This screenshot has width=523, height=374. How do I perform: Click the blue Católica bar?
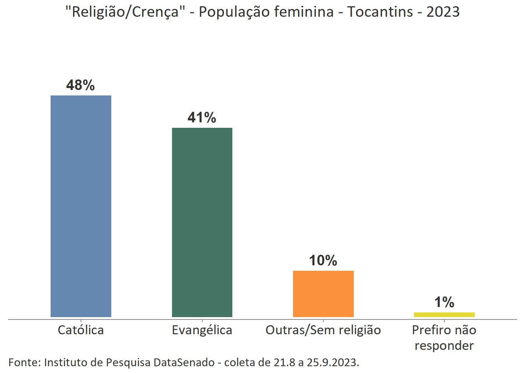click(x=81, y=206)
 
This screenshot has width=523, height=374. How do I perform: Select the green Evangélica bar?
click(x=202, y=222)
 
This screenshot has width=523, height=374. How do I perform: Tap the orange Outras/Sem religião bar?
click(x=323, y=294)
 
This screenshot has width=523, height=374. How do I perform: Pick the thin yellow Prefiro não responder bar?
click(x=444, y=315)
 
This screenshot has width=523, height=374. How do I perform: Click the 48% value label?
click(x=81, y=85)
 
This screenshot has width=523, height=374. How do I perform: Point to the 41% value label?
click(x=202, y=117)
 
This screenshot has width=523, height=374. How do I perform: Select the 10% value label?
click(x=323, y=260)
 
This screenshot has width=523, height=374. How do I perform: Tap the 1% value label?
click(x=444, y=302)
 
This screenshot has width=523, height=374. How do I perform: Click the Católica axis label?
click(x=81, y=330)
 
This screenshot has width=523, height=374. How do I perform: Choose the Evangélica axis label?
click(x=202, y=330)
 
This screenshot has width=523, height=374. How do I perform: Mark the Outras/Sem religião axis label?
click(x=323, y=330)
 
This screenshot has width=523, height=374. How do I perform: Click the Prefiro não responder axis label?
click(x=444, y=338)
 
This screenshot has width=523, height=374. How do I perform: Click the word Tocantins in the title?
click(x=380, y=12)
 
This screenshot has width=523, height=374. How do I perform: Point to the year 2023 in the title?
click(x=443, y=12)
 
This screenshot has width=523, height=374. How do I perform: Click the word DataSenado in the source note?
click(x=184, y=362)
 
